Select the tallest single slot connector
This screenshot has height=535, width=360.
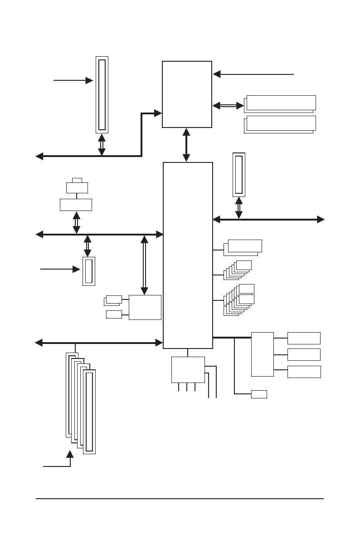tap(102, 94)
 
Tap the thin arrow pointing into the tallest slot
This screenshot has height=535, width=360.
tap(73, 80)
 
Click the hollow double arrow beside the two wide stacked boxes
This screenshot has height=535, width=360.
tap(228, 106)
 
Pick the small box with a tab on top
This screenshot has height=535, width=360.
tap(77, 187)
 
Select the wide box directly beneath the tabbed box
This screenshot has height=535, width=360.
tap(76, 205)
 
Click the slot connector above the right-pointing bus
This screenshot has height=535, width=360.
tap(239, 175)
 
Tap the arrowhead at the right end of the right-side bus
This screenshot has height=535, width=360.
tap(321, 220)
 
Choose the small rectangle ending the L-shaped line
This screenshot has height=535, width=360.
tap(259, 394)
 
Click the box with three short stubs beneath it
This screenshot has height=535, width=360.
tap(188, 370)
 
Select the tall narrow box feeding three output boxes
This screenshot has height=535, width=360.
tap(263, 354)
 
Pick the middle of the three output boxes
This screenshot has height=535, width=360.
tap(304, 354)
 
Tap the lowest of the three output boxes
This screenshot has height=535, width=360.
tap(304, 372)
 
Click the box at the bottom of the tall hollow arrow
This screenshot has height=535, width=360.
tap(145, 307)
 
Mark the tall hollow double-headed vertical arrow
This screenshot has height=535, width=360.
tap(144, 265)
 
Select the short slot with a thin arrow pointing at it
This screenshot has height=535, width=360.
tap(89, 271)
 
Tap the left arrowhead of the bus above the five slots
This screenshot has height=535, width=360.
tap(39, 343)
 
